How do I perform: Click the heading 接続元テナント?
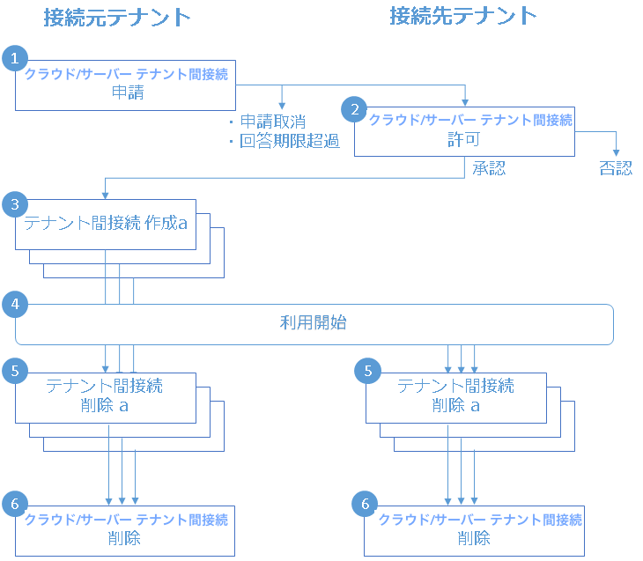[116, 17]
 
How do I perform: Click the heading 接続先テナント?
[463, 15]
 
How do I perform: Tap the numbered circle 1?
[14, 58]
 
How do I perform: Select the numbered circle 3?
[14, 204]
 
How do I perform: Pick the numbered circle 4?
[14, 305]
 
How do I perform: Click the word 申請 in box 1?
[126, 92]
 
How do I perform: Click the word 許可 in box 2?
[464, 138]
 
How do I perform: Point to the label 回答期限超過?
[289, 141]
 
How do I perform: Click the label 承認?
[489, 168]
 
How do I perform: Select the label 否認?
[615, 168]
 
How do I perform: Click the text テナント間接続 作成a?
[106, 223]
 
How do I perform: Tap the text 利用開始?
[313, 323]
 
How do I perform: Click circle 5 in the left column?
[14, 371]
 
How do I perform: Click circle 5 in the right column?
[366, 371]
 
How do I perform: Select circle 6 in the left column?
[14, 504]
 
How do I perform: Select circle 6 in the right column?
[366, 504]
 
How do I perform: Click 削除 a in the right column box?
[455, 404]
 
